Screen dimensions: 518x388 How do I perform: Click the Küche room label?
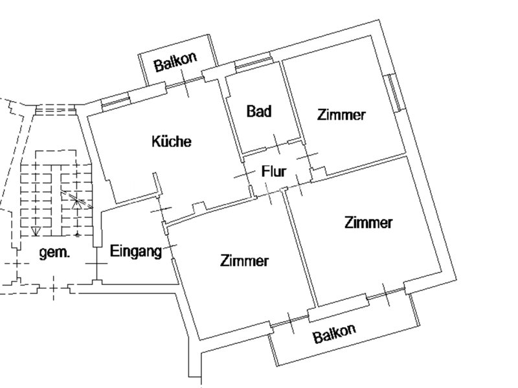(x=172, y=141)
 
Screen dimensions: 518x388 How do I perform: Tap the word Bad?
(x=259, y=111)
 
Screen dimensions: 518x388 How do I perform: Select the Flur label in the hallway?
(x=274, y=171)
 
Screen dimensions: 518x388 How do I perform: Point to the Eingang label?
(x=136, y=251)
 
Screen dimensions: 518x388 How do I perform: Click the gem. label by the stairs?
(x=55, y=253)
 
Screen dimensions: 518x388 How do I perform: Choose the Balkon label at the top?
(x=175, y=62)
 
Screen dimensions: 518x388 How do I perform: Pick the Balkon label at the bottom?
(x=334, y=333)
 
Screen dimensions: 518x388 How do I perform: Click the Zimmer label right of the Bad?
(x=341, y=115)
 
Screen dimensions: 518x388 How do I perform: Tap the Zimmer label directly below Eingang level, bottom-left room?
(x=244, y=261)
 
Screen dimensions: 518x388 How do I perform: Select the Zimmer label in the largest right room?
(x=368, y=222)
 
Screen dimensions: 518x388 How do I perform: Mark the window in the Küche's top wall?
(x=115, y=100)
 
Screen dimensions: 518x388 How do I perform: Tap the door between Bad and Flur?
(x=277, y=144)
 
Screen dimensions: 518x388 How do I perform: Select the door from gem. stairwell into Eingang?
(x=96, y=264)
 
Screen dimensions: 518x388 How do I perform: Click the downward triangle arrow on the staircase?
(x=36, y=231)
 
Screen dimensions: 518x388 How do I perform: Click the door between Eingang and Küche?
(x=161, y=209)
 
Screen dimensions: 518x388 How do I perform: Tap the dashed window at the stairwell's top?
(x=55, y=109)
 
